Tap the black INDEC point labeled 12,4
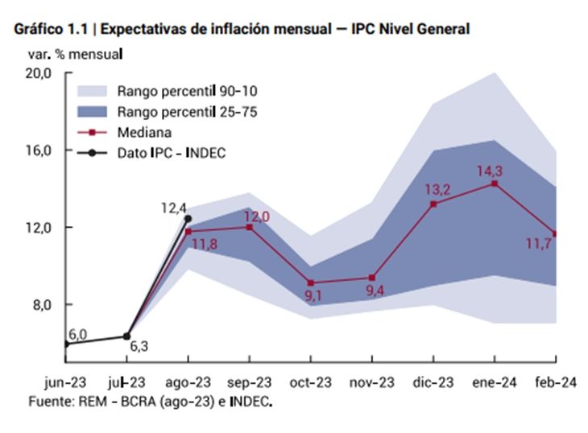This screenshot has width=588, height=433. (x=188, y=218)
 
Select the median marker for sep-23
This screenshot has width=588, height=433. (x=250, y=227)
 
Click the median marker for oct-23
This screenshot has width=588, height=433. (x=311, y=282)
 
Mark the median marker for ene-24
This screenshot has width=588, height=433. (x=494, y=184)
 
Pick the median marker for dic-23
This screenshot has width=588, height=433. (x=433, y=204)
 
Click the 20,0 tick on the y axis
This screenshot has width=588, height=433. (x=39, y=73)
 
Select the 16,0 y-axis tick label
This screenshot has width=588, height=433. (x=39, y=151)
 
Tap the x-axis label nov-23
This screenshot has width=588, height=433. (x=371, y=382)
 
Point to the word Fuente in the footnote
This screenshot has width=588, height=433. (x=47, y=400)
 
